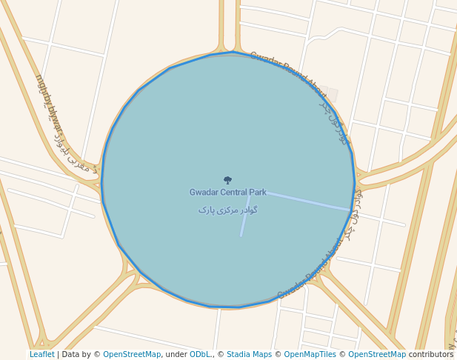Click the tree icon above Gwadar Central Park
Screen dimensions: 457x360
[x=227, y=180]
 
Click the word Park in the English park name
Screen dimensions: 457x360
[x=258, y=193]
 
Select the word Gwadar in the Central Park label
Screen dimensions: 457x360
[x=203, y=193]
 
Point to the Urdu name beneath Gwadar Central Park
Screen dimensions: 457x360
[x=227, y=210]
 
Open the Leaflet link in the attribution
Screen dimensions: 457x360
[x=42, y=355]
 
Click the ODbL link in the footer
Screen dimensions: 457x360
[x=200, y=355]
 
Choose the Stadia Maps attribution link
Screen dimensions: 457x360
[x=249, y=355]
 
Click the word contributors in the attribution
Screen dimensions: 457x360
[x=431, y=355]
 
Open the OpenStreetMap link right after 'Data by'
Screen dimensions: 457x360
[x=132, y=355]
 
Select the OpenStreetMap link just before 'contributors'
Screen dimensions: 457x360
[x=377, y=355]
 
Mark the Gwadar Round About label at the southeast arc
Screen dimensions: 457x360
[x=311, y=273]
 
